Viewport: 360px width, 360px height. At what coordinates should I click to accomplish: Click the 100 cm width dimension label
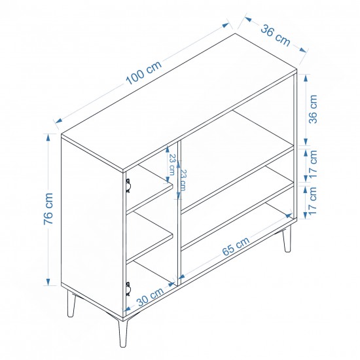(x=144, y=73)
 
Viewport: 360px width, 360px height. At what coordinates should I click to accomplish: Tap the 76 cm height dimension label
(x=48, y=208)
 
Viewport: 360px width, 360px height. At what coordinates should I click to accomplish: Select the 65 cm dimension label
(x=236, y=246)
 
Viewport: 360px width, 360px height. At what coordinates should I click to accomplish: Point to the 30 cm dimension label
(x=151, y=296)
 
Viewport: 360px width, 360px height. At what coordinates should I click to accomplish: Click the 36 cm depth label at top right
(x=276, y=35)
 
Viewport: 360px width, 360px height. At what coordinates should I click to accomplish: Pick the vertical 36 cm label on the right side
(x=313, y=109)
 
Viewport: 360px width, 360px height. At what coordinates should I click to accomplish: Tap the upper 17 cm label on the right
(x=313, y=164)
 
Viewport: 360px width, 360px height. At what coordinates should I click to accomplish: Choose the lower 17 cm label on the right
(x=313, y=201)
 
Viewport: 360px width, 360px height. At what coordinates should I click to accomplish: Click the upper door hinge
(x=128, y=186)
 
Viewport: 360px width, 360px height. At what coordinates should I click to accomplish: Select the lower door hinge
(x=128, y=289)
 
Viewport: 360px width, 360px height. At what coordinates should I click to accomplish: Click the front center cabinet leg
(x=122, y=333)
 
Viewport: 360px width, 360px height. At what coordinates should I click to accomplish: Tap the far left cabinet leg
(x=71, y=304)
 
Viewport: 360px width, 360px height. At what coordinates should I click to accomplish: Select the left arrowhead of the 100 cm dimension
(x=59, y=120)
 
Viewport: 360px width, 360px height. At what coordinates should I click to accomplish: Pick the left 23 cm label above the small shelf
(x=172, y=164)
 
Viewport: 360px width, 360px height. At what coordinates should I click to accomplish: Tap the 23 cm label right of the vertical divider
(x=183, y=180)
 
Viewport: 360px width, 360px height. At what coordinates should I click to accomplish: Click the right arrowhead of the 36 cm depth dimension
(x=303, y=50)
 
